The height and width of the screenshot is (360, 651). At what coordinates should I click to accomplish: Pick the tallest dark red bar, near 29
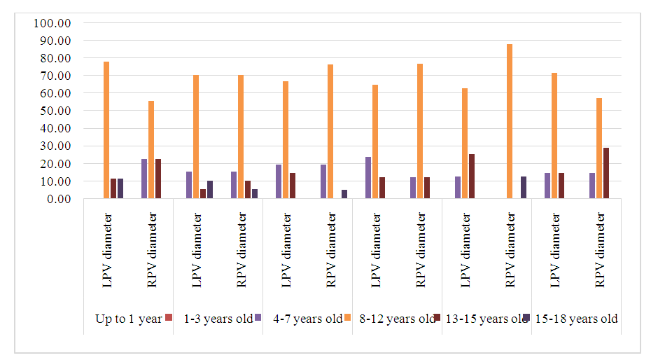click(606, 173)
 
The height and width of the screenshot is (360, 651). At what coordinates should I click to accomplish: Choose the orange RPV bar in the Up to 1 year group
click(151, 150)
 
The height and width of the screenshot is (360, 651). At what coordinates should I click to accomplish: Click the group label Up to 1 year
click(128, 319)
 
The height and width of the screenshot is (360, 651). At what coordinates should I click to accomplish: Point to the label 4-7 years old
click(308, 319)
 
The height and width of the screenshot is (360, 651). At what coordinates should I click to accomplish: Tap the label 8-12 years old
click(397, 319)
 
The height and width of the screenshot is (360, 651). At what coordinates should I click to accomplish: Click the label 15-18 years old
click(576, 319)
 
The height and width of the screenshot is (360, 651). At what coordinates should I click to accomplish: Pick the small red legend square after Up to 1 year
click(169, 317)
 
